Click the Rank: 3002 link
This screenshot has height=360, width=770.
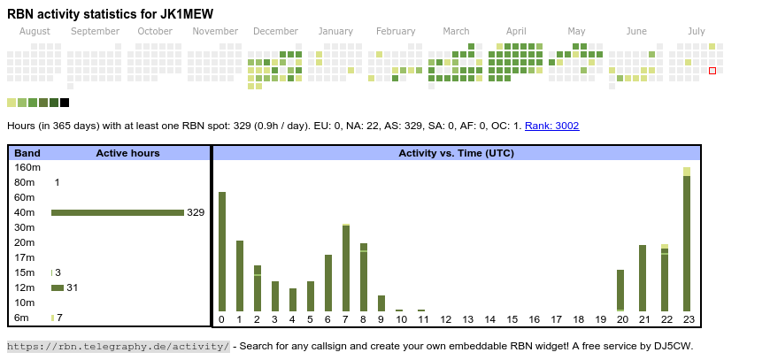(x=551, y=126)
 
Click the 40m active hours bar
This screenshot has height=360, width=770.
(x=117, y=212)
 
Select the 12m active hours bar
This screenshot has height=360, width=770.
(x=58, y=287)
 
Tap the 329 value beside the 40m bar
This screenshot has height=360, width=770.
(x=196, y=212)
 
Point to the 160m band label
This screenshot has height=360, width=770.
(x=27, y=167)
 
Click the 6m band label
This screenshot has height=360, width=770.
(x=22, y=318)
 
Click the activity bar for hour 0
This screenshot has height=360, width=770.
(x=222, y=251)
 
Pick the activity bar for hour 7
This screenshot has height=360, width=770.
(x=346, y=267)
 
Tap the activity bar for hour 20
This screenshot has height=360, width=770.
(x=620, y=290)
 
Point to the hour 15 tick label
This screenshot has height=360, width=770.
(x=512, y=319)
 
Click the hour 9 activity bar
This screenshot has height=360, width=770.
(x=381, y=303)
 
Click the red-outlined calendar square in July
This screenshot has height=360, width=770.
(x=712, y=71)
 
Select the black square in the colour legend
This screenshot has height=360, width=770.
(x=65, y=103)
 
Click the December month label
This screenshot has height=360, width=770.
(x=275, y=31)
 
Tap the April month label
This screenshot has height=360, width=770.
(x=516, y=31)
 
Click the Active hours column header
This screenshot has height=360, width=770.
(x=127, y=153)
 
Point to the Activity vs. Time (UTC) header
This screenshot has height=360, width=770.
(x=456, y=153)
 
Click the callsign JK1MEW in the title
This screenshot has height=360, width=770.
(x=183, y=14)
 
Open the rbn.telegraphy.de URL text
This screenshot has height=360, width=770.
(x=119, y=346)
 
